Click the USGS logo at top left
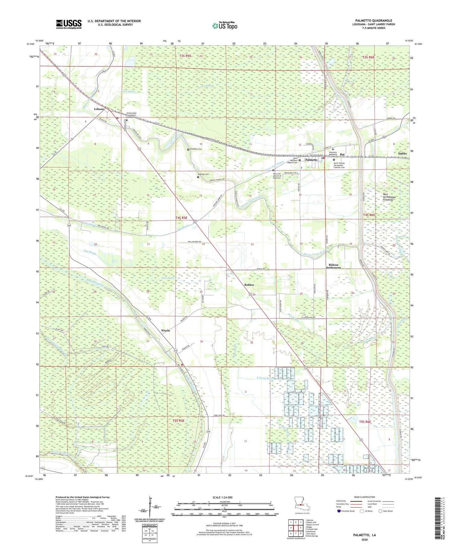68,24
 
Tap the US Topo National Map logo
224,26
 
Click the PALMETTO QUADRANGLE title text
373,20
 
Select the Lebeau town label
99,109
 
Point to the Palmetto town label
311,160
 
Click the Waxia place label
165,330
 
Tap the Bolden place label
249,285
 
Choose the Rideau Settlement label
334,266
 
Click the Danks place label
402,153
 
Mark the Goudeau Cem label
196,149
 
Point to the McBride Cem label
203,174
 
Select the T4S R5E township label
181,217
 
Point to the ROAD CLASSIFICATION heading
365,497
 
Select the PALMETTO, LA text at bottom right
365,535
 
